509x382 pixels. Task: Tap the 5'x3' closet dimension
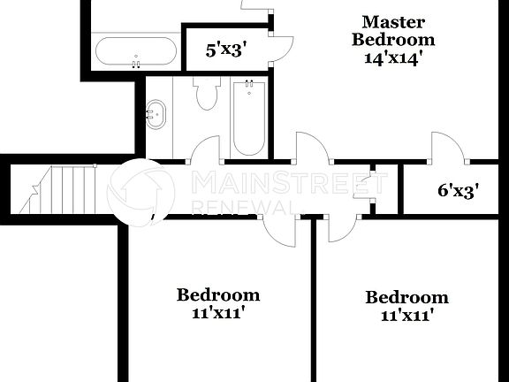(224, 50)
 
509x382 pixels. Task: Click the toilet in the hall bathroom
(208, 92)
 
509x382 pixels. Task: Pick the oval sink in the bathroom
(157, 114)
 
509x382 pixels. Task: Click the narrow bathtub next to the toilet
(249, 117)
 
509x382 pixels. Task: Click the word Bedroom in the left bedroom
(218, 294)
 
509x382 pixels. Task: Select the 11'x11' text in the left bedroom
(218, 312)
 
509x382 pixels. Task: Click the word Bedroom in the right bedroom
(406, 297)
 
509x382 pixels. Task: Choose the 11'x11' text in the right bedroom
(406, 315)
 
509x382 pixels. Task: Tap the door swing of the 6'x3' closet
(447, 147)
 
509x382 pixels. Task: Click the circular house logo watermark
(141, 190)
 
